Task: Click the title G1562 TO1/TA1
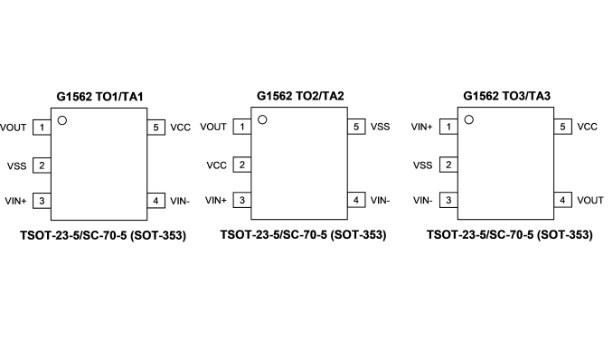point(99,97)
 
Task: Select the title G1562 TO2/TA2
point(300,96)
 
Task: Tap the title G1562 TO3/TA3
point(506,96)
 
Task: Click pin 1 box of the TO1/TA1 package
point(42,128)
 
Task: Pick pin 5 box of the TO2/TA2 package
point(356,127)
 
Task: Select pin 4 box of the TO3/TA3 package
point(562,200)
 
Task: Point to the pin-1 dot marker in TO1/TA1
point(62,120)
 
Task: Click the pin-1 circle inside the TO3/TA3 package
point(468,119)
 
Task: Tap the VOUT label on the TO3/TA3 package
point(590,200)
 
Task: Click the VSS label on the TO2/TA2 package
point(380,127)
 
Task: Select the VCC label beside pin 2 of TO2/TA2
point(217,166)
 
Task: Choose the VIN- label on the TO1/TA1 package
point(180,201)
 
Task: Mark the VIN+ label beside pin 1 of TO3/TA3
point(421,127)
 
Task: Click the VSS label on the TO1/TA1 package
point(17,166)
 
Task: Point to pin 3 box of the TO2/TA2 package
point(242,200)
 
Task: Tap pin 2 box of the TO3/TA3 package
point(448,166)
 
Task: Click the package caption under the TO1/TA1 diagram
point(103,235)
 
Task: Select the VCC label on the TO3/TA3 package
point(587,127)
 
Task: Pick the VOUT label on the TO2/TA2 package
point(213,127)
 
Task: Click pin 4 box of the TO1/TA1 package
point(156,201)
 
